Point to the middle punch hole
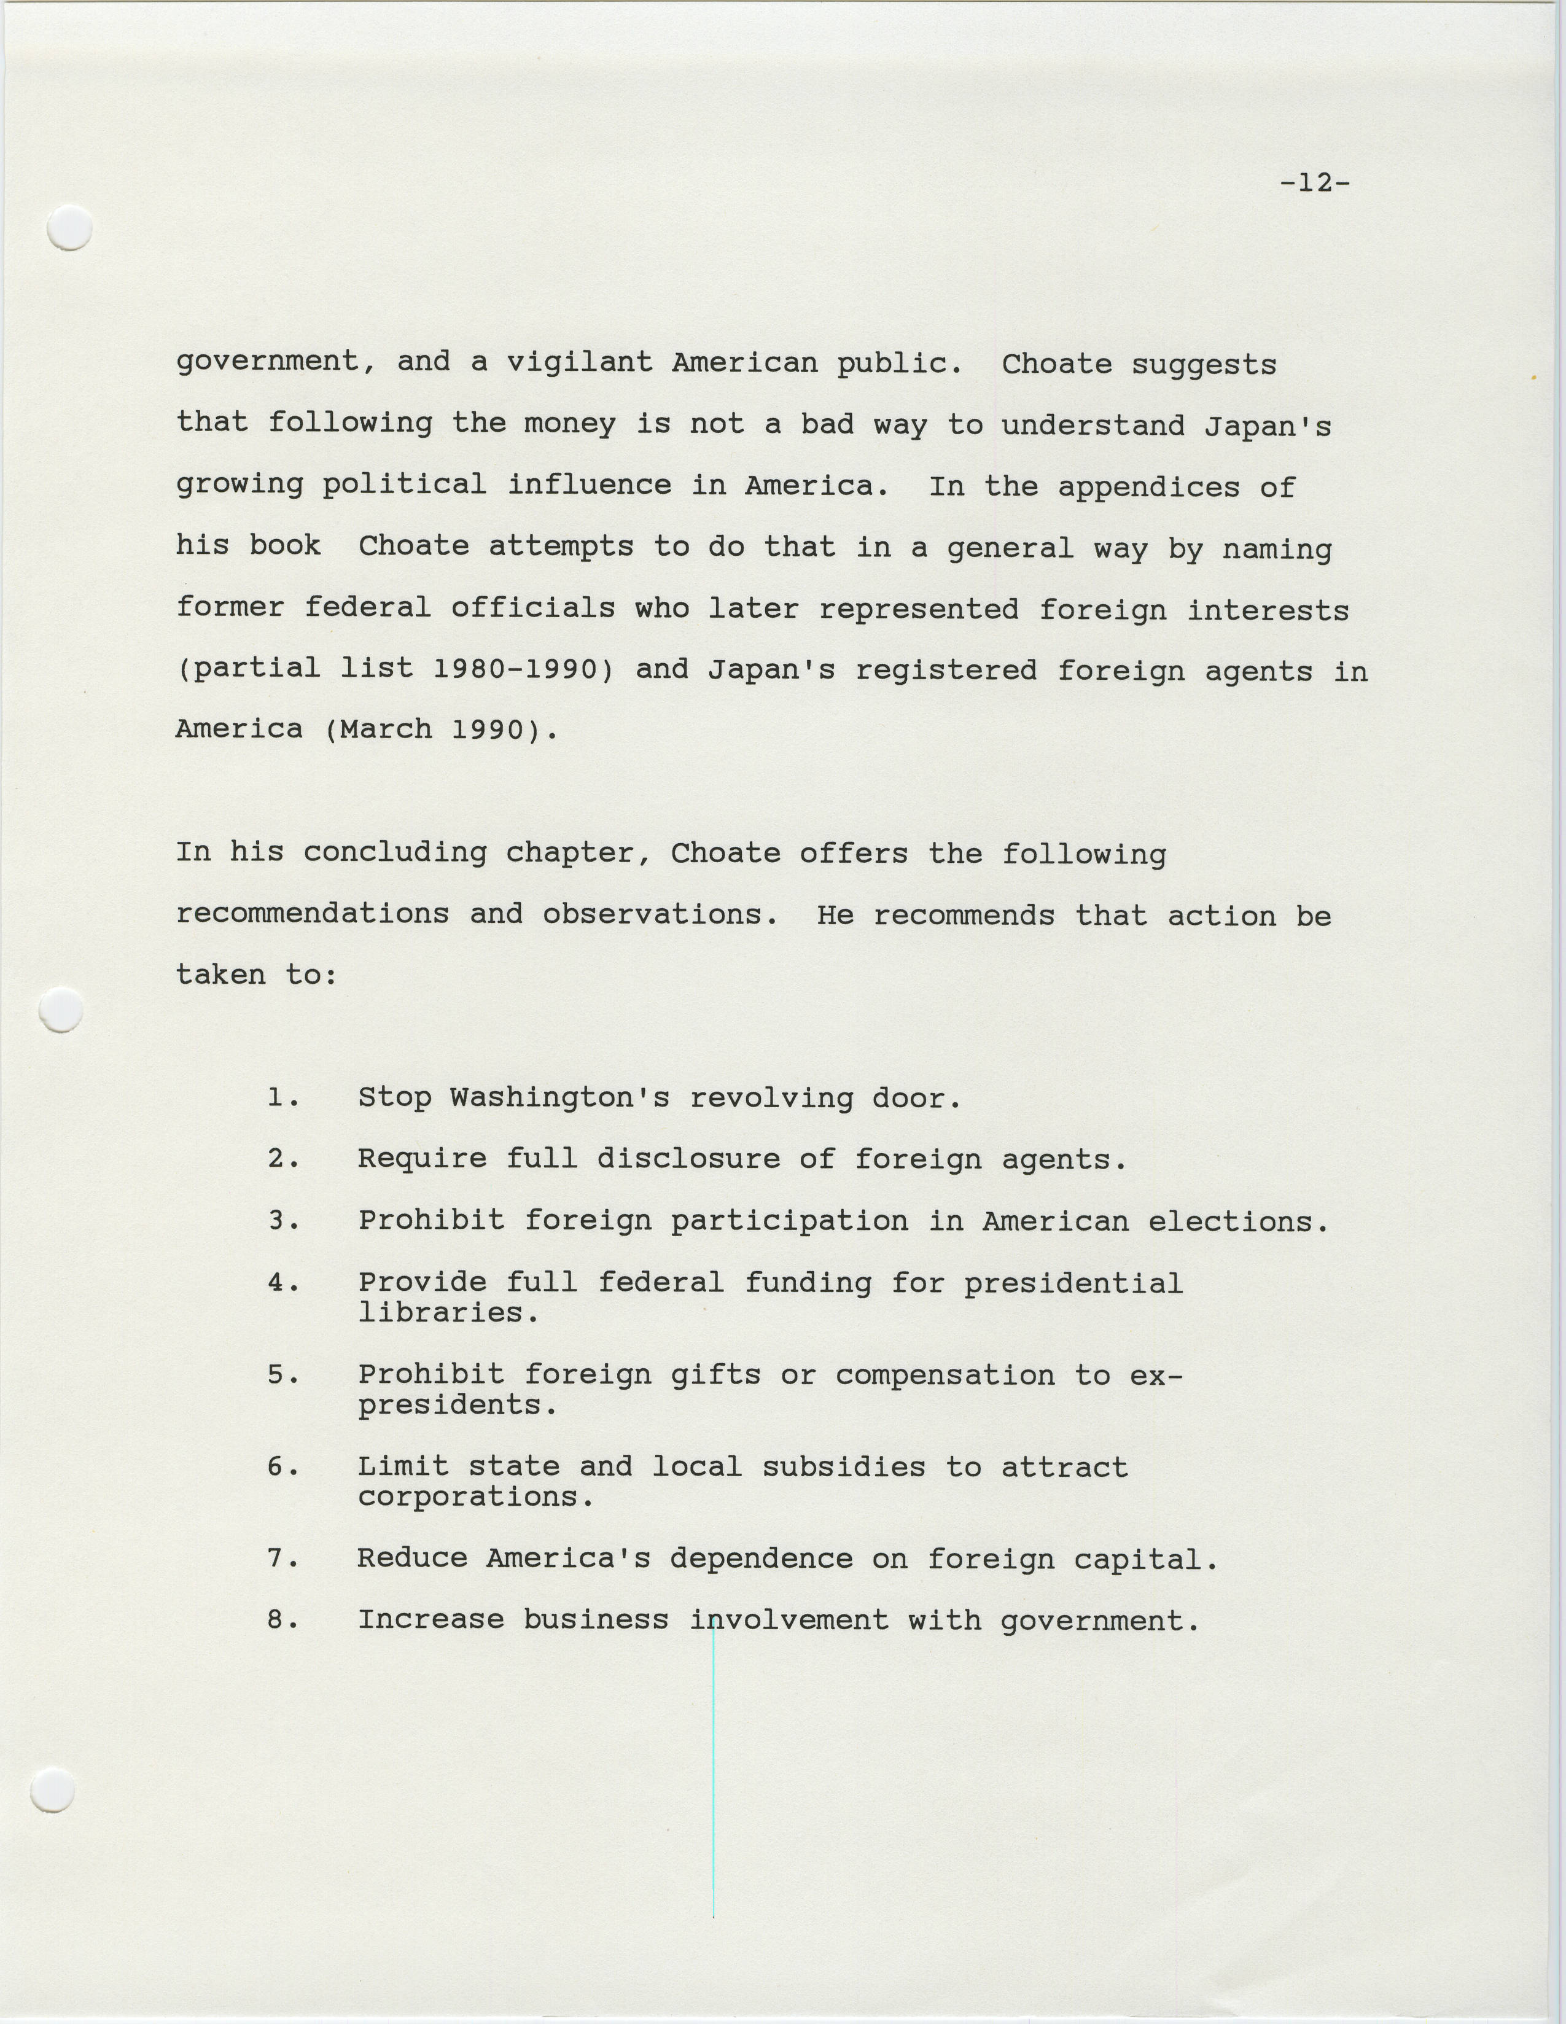click(x=62, y=1009)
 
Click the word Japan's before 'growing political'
click(x=1267, y=426)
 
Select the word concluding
click(x=395, y=852)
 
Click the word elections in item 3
click(x=1238, y=1221)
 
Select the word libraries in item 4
click(x=448, y=1312)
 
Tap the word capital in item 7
click(x=1144, y=1559)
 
